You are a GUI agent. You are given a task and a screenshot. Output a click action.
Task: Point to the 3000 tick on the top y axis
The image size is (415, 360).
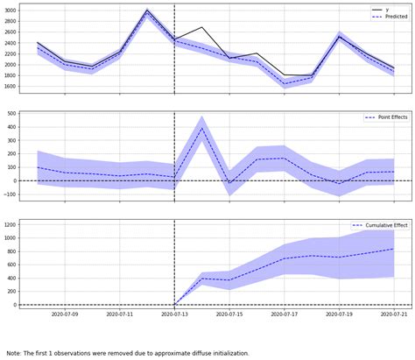[9, 11]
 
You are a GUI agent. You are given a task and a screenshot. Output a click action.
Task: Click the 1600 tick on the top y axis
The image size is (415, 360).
[9, 86]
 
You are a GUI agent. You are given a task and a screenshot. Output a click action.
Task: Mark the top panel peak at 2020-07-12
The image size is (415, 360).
[147, 11]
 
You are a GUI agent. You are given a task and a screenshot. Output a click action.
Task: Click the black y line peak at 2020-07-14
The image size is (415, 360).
[202, 27]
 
